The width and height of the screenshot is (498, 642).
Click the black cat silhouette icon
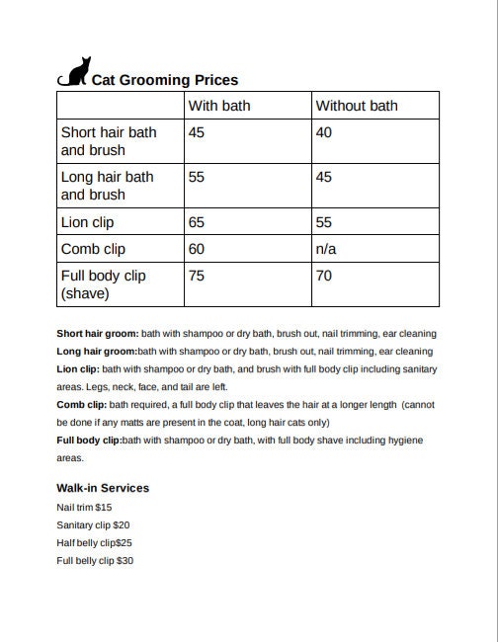[x=74, y=72]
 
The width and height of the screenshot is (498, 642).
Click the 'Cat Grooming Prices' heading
[x=165, y=80]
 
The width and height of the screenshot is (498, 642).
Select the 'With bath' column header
[x=219, y=106]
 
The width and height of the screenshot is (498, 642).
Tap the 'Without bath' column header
[x=356, y=106]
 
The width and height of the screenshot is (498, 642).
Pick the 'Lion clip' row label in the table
[x=88, y=222]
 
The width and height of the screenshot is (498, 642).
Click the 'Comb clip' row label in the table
[x=93, y=249]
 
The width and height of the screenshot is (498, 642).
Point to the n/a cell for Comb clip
[x=326, y=249]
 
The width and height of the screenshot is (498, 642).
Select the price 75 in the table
[x=197, y=276]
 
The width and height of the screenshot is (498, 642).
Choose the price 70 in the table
[x=324, y=276]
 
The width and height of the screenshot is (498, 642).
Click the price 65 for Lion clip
[x=197, y=222]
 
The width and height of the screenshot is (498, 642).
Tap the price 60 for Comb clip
[x=197, y=249]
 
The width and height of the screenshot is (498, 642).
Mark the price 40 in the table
[x=324, y=131]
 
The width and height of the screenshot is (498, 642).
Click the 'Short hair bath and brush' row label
[x=108, y=141]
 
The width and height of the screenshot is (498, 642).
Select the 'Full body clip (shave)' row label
[x=103, y=284]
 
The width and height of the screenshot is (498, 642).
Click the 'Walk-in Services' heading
[x=103, y=488]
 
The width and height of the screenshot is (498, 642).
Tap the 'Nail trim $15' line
[x=84, y=507]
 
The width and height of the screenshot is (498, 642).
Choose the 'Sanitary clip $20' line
[x=93, y=524]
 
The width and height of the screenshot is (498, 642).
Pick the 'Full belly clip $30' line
[x=95, y=560]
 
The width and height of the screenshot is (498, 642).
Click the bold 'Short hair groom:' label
[x=98, y=334]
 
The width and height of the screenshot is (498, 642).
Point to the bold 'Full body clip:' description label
[x=89, y=441]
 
